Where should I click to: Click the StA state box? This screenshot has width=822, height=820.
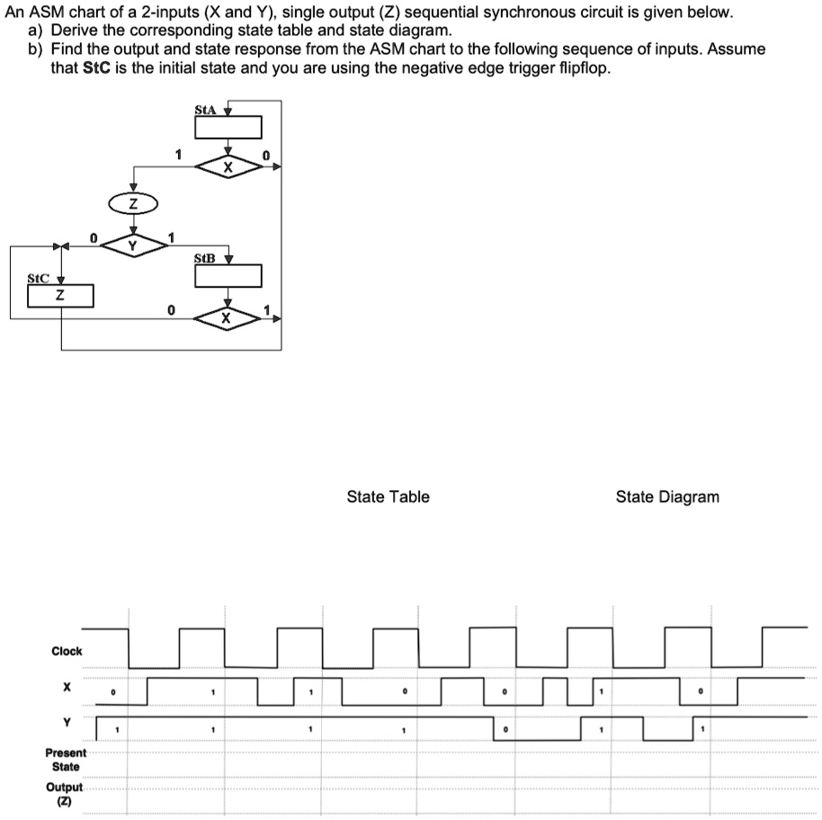pos(228,128)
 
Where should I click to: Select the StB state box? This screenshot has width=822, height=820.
pos(228,275)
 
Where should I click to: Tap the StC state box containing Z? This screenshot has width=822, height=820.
pos(60,295)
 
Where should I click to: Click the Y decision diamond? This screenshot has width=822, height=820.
pos(133,245)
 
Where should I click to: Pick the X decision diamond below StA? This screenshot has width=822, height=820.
pos(228,167)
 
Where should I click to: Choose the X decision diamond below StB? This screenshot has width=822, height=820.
pos(227,318)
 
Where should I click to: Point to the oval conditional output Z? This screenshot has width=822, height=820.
pos(133,204)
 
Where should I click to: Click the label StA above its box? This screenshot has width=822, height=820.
pos(205,110)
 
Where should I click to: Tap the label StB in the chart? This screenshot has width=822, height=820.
pos(205,258)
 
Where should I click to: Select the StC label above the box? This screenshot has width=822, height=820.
pos(39,278)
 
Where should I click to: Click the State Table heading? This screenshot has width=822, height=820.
pos(388,496)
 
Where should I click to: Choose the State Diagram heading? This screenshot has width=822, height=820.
pos(667,496)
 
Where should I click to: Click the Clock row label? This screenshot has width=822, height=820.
pos(67,651)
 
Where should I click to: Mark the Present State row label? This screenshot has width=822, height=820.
pos(67,760)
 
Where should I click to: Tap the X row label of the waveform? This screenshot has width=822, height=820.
pos(66,687)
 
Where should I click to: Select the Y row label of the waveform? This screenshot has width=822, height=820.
pos(66,722)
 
